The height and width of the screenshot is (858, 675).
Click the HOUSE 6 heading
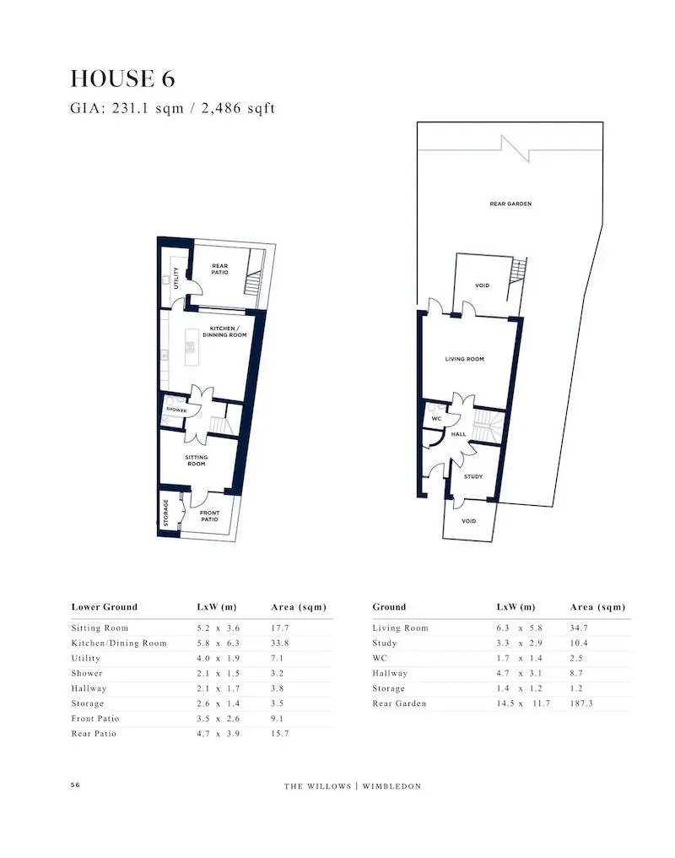(x=122, y=79)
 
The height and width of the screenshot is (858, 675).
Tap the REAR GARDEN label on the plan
(x=510, y=204)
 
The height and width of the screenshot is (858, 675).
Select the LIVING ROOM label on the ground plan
(x=465, y=359)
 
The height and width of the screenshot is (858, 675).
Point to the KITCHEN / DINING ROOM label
(x=224, y=332)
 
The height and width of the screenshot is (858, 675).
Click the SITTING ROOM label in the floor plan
(x=197, y=460)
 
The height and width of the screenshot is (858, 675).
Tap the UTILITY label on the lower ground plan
(x=176, y=278)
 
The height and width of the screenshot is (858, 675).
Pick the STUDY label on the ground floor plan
(x=473, y=476)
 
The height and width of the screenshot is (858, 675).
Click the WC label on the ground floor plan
(x=437, y=419)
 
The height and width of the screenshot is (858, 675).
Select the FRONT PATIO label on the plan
(x=210, y=516)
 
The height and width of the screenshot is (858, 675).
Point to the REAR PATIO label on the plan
(x=219, y=269)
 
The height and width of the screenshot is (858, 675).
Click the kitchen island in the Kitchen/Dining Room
(x=192, y=347)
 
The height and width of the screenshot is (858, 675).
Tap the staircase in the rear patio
(x=254, y=282)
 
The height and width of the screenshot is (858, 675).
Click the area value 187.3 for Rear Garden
(x=581, y=703)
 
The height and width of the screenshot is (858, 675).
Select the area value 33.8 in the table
(x=280, y=643)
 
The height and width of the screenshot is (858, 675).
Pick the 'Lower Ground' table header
(x=105, y=607)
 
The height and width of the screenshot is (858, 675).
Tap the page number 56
(x=75, y=785)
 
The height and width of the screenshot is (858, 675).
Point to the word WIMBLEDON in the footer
(x=391, y=786)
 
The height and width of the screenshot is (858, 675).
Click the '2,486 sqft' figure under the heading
(x=238, y=108)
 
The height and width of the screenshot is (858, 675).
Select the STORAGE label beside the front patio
(x=166, y=513)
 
